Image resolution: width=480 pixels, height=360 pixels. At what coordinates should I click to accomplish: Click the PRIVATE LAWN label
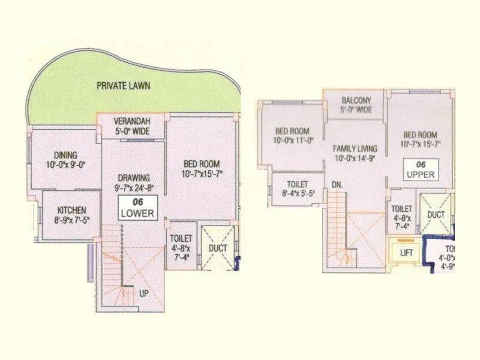tap(124, 86)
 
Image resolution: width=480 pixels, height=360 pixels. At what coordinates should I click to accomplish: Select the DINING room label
tap(65, 155)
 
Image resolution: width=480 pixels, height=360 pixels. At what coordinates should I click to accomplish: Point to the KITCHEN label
tap(71, 210)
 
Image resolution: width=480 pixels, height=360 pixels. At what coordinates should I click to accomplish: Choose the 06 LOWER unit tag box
tap(138, 208)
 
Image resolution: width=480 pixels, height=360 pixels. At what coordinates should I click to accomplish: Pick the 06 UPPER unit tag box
tap(420, 169)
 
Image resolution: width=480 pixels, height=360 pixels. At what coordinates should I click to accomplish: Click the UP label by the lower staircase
tap(143, 294)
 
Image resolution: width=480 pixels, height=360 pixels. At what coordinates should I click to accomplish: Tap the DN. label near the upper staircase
tap(337, 185)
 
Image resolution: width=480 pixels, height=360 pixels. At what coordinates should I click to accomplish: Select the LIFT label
tap(407, 253)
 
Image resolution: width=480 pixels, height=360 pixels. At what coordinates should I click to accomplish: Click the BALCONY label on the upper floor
tap(356, 100)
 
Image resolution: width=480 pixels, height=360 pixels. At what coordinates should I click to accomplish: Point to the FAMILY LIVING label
tap(356, 148)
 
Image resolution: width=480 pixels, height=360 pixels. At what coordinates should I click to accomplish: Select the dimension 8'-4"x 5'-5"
tap(298, 193)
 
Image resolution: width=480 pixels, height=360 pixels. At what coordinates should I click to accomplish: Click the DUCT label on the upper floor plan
tap(436, 214)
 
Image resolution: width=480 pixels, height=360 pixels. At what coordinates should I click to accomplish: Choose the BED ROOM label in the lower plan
tap(201, 164)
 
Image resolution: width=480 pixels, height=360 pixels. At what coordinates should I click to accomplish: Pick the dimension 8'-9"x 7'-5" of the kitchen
tap(71, 220)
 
